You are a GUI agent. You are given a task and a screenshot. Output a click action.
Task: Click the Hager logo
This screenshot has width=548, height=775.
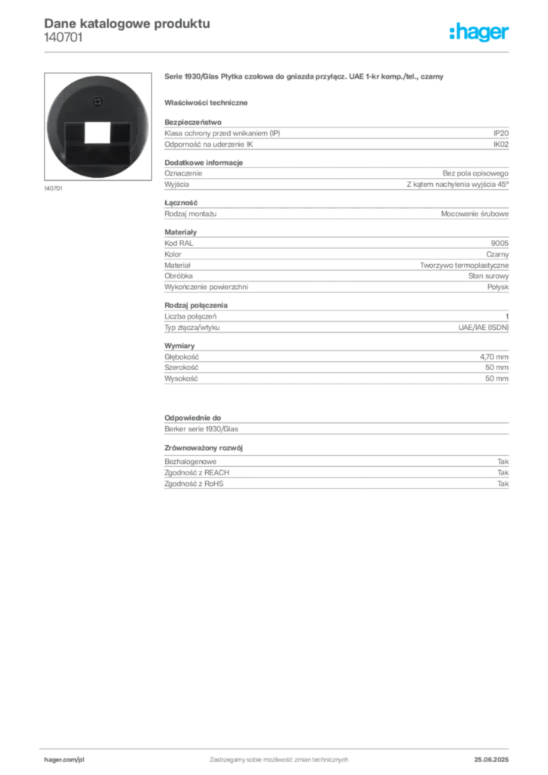478,32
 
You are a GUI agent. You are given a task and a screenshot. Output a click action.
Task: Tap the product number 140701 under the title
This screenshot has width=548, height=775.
64,38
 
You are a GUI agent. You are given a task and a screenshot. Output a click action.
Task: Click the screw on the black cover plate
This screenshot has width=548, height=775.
98,102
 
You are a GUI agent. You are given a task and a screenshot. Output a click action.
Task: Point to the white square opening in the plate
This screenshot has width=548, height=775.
98,132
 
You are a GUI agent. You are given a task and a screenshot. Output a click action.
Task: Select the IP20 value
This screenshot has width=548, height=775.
500,133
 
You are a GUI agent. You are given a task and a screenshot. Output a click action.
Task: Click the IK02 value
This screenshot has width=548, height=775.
500,145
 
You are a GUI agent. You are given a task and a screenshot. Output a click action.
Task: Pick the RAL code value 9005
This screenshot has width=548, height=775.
500,243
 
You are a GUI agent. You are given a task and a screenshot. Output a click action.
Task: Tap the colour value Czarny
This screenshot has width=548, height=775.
497,254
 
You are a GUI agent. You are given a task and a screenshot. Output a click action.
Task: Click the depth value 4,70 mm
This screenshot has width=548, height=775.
494,357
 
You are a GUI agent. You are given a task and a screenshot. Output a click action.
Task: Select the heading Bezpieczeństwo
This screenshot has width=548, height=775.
193,122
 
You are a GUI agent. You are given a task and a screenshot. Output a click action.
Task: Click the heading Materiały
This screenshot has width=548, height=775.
180,232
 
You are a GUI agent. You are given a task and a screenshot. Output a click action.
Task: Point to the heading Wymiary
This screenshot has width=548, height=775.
179,346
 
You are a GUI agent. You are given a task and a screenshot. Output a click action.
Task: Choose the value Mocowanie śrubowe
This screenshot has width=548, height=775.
475,214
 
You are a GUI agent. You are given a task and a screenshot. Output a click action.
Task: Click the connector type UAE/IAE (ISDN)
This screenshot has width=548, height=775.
483,328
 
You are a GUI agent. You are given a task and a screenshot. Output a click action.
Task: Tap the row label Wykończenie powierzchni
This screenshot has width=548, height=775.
206,287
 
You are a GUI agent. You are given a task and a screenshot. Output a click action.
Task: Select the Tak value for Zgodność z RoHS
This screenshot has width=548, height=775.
503,484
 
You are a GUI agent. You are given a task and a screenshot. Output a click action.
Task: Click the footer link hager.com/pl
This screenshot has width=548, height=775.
64,760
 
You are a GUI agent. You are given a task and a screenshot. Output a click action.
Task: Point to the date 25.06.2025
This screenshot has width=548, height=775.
491,760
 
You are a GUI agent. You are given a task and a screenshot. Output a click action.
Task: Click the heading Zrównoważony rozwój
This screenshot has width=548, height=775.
204,448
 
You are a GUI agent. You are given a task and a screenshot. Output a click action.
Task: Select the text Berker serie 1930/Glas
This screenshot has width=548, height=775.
201,429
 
